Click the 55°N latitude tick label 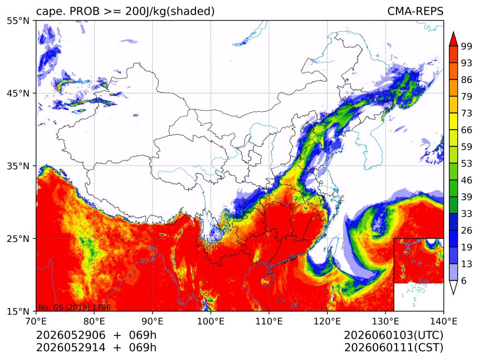click(x=18, y=21)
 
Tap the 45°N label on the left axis click(x=18, y=93)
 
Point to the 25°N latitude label click(x=18, y=239)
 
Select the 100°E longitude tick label click(x=211, y=321)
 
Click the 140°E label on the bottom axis click(x=443, y=321)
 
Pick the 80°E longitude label click(x=94, y=321)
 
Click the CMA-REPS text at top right click(x=415, y=11)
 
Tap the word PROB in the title click(x=85, y=11)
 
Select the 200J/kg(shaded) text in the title click(x=170, y=12)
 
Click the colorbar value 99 click(x=467, y=46)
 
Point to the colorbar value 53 click(x=467, y=164)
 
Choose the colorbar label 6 click(x=464, y=280)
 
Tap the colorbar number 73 click(x=467, y=113)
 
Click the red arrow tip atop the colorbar click(x=453, y=32)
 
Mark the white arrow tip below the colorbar click(x=453, y=294)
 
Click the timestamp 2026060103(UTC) click(x=393, y=336)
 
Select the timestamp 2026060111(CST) click(x=393, y=348)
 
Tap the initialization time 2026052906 click(x=71, y=336)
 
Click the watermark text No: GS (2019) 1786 click(x=74, y=307)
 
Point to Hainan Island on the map click(x=267, y=280)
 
